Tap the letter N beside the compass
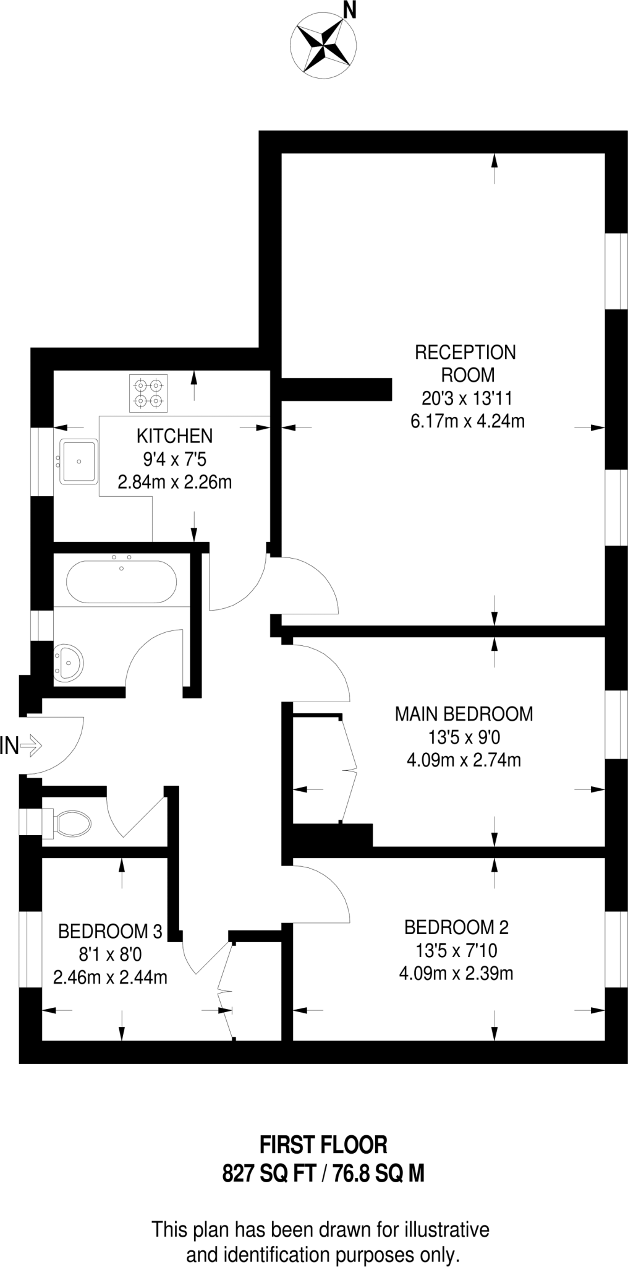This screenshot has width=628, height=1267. point(350,9)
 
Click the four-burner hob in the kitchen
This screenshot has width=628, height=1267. point(148,393)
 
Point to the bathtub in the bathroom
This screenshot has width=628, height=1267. point(121,582)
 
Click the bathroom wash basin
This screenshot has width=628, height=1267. point(67,663)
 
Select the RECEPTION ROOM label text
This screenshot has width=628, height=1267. point(465,363)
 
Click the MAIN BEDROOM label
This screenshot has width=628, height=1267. point(464,714)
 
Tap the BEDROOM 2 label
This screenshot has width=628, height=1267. point(456,927)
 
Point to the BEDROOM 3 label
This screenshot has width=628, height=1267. point(110,930)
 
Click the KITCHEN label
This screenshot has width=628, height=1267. point(174,436)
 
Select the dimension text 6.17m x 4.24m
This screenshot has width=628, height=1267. point(467,421)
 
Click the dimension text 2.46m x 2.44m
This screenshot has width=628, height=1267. point(110,977)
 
